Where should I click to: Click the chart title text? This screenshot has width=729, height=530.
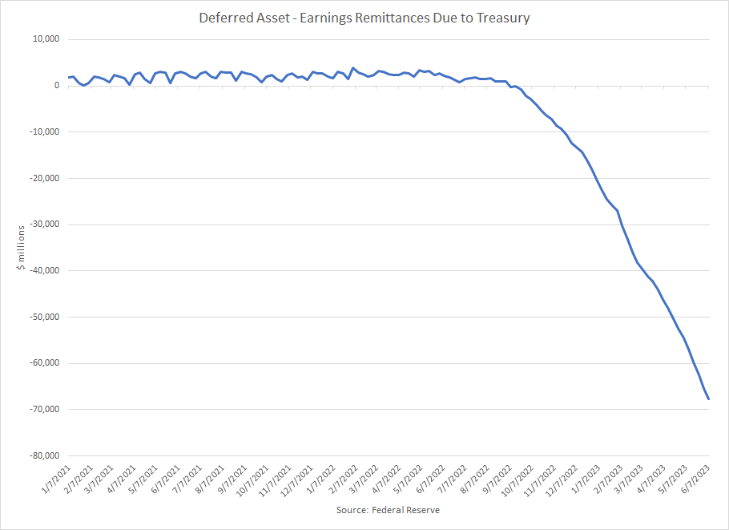[364, 18]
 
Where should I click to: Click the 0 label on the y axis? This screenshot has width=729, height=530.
[56, 86]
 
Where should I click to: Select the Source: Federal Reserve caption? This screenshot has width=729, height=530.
[388, 510]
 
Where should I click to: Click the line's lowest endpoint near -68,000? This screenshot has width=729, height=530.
[709, 399]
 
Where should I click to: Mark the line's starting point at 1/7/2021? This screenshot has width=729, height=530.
[69, 78]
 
